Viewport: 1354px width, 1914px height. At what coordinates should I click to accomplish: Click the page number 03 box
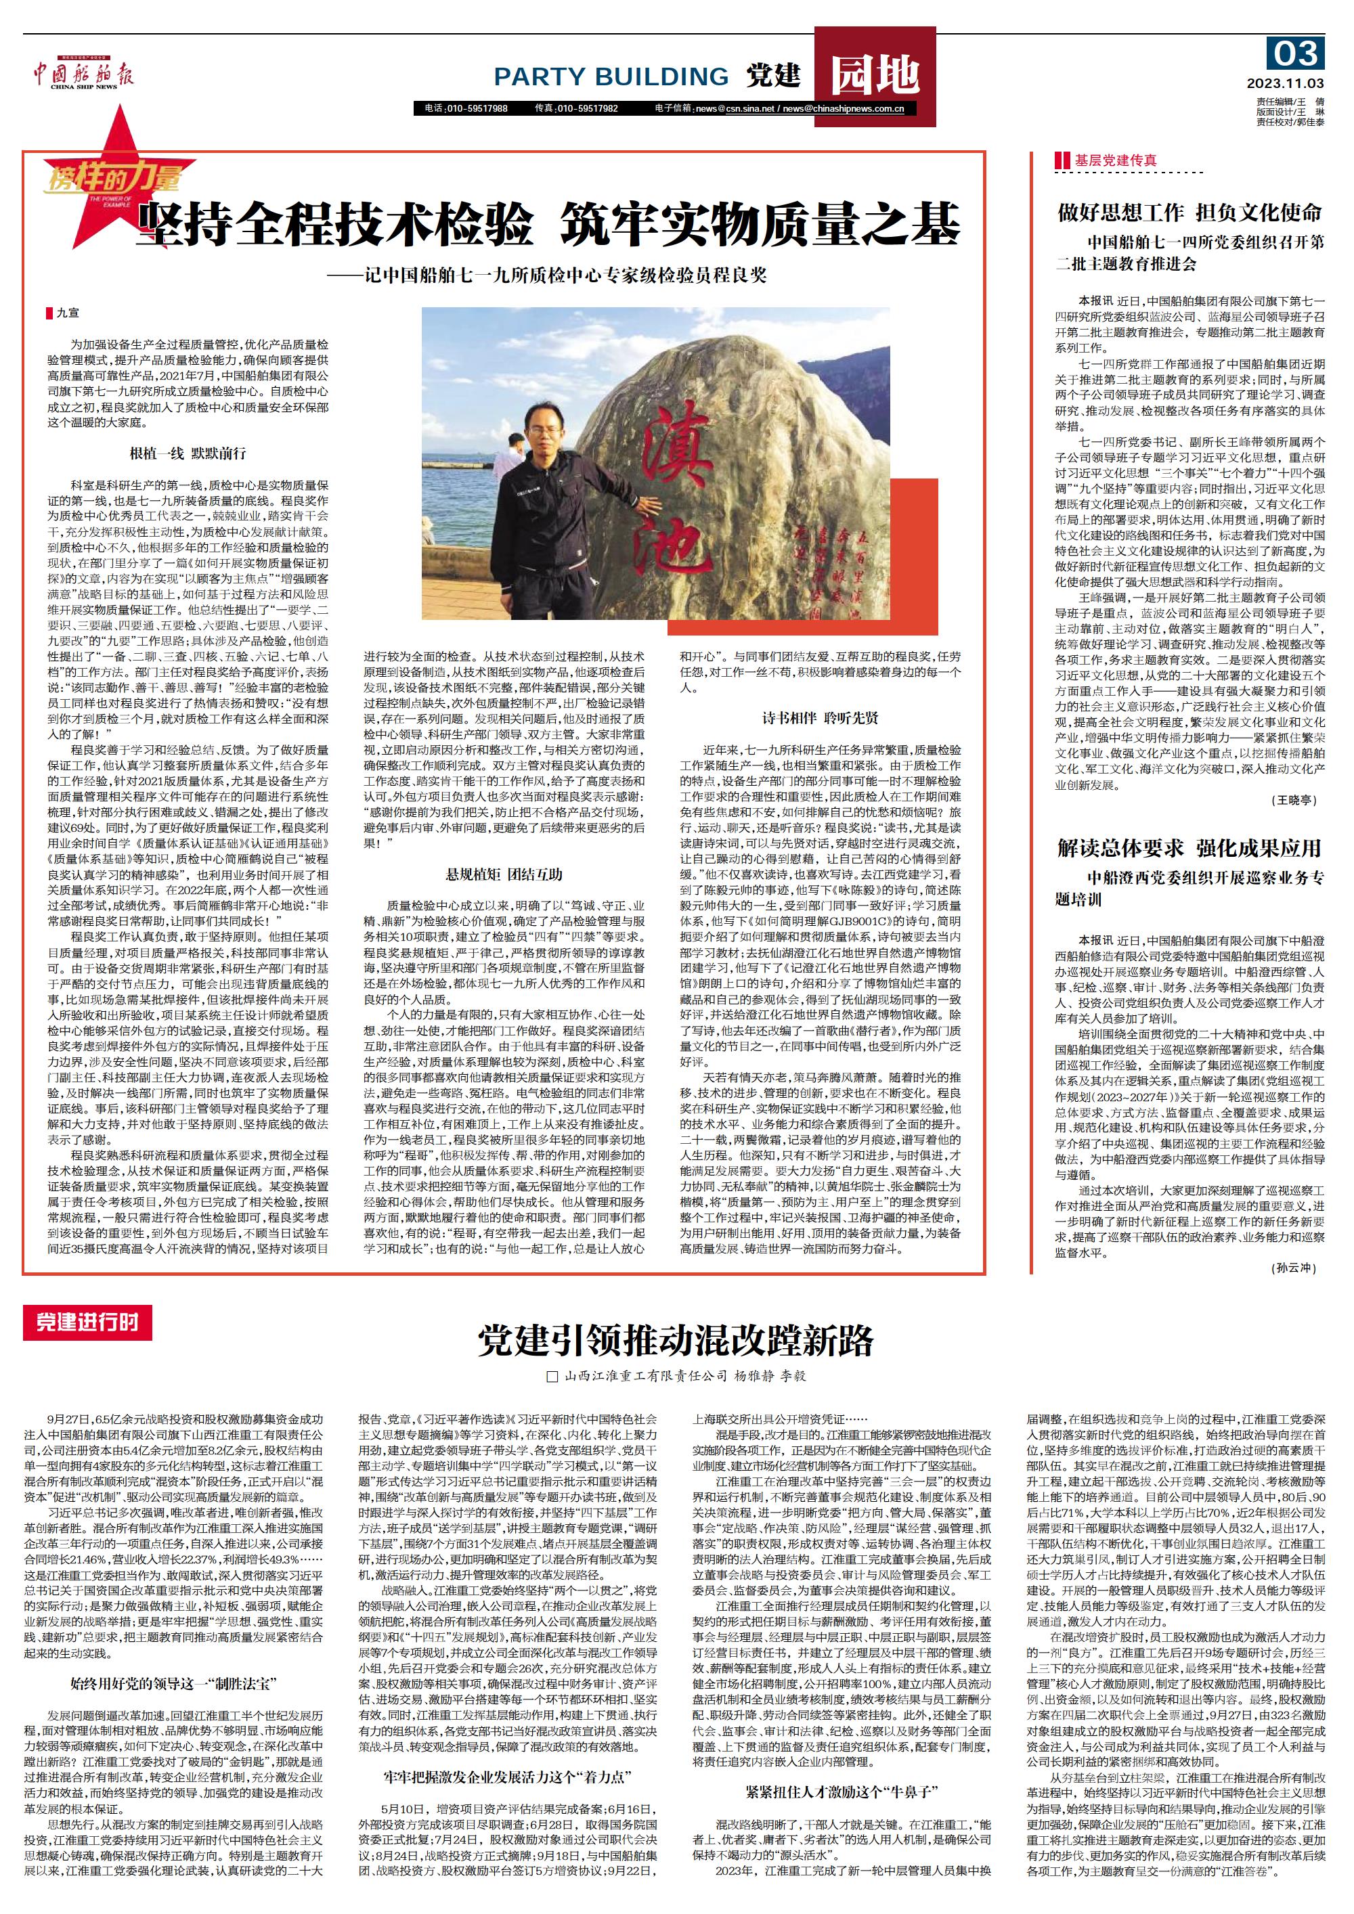1296,54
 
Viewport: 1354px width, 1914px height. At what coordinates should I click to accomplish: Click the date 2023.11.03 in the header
1285,83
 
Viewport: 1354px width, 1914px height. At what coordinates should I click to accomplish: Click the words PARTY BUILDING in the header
611,76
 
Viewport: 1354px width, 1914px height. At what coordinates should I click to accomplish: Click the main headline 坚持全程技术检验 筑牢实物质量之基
548,224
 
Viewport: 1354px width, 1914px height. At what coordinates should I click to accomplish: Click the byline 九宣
68,313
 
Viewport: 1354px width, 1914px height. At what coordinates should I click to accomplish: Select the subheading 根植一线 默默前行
188,453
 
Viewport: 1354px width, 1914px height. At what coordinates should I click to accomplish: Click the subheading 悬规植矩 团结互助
504,874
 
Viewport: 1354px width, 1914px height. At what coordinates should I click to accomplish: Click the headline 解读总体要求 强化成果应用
1189,848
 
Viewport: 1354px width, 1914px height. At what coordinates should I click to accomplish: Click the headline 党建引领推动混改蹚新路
676,1341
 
